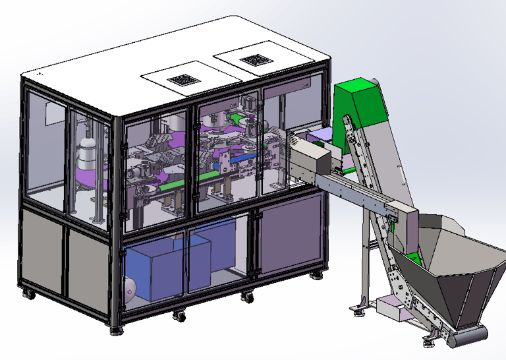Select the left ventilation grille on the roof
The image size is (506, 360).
point(184,80)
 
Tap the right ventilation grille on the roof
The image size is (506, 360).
point(255,61)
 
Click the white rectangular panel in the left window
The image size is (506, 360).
point(55,113)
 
